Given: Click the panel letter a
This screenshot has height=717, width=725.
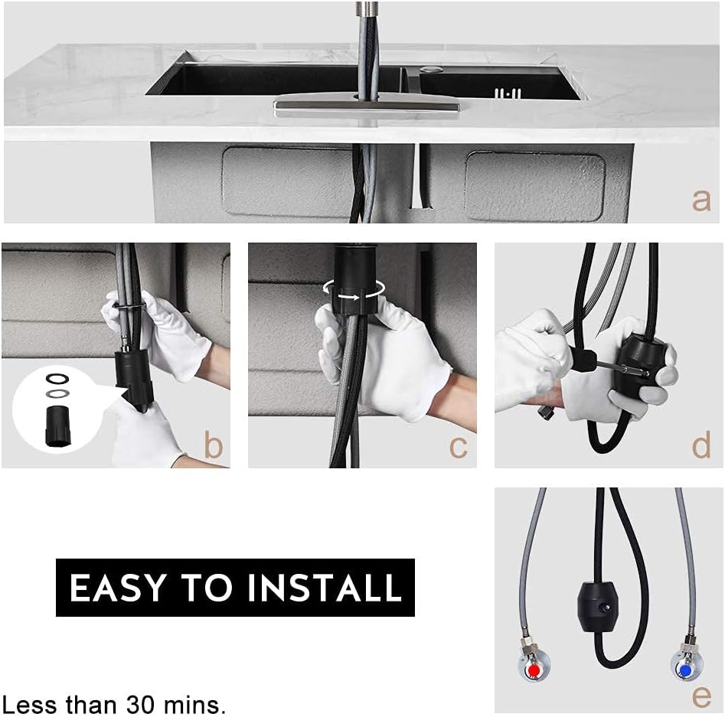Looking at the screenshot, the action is tap(701, 201).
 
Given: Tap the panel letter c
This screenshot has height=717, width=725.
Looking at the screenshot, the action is tap(459, 447).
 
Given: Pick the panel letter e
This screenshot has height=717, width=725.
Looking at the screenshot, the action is tap(701, 696).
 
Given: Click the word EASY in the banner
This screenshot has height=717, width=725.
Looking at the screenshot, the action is tap(117, 588).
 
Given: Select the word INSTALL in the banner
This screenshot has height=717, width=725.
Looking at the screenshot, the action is tap(325, 588).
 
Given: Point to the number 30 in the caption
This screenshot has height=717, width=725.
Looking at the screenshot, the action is tap(141, 705).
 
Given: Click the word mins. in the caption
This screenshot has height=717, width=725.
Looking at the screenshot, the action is tap(195, 705).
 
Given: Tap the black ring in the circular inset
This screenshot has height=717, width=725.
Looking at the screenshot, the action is tap(57, 379).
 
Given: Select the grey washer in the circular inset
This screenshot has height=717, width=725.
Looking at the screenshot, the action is tap(57, 393).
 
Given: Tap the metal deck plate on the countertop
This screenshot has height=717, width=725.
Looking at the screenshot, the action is tap(367, 108).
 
